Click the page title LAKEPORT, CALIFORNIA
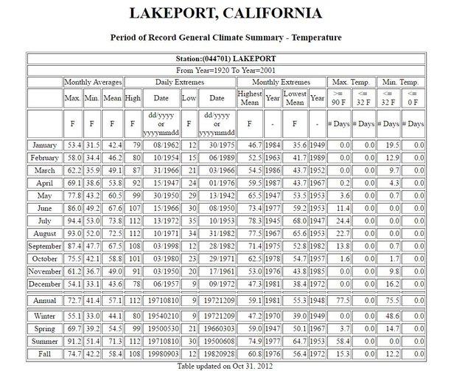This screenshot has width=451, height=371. tap(225, 14)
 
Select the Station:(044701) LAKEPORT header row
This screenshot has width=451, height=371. tap(225, 58)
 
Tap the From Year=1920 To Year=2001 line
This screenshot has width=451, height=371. tap(225, 70)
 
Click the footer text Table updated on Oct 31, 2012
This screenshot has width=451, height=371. tap(225, 365)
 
